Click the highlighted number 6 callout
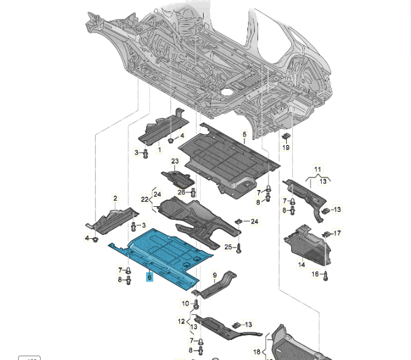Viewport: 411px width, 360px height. [149, 277]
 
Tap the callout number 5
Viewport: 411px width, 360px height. [245, 134]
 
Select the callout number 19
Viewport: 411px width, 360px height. [286, 147]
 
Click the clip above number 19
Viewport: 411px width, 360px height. [285, 137]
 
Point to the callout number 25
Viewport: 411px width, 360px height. [228, 247]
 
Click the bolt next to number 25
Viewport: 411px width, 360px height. [239, 248]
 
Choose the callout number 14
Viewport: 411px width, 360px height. [302, 265]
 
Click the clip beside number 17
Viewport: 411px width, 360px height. [325, 234]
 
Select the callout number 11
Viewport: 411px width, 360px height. [317, 169]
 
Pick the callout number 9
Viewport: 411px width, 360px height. [215, 275]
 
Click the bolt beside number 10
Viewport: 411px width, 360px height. [196, 304]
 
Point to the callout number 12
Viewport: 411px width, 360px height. [181, 322]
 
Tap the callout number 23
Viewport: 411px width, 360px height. [175, 161]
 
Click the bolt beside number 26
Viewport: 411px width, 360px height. [193, 192]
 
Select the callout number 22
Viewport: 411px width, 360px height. [144, 200]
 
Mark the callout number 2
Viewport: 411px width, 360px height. [115, 199]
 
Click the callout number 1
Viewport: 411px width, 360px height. [159, 150]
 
